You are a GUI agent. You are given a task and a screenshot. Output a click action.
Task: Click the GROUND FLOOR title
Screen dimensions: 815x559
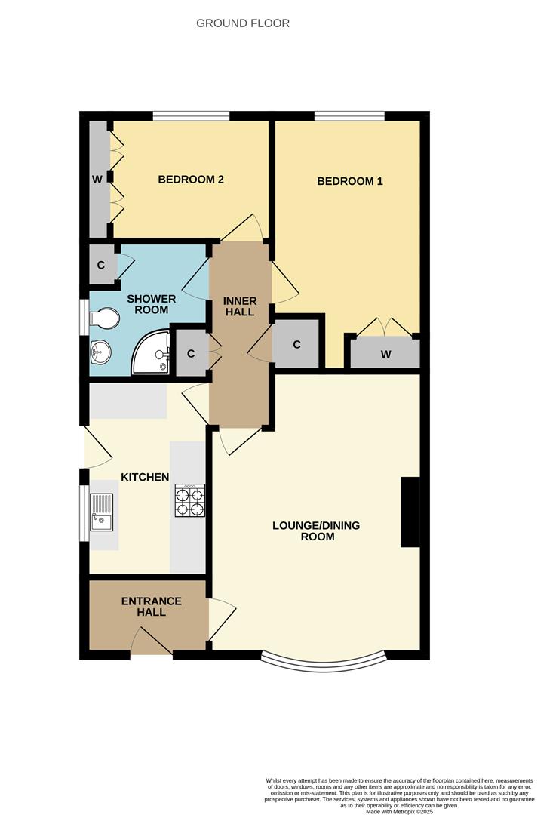[242, 23]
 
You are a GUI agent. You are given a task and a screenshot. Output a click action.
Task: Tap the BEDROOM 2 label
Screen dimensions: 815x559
[191, 180]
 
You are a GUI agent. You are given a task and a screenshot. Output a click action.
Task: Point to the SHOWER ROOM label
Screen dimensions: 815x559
[151, 304]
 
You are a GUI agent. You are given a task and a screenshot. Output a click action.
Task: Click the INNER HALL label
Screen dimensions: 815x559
[240, 307]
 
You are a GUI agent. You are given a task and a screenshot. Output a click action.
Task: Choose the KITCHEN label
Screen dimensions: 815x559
[145, 477]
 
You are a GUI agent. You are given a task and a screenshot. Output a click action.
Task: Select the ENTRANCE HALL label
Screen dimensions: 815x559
[151, 607]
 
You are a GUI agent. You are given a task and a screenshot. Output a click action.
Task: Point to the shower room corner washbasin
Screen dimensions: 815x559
[100, 351]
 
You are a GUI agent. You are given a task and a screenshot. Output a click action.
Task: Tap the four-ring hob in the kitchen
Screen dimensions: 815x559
[189, 500]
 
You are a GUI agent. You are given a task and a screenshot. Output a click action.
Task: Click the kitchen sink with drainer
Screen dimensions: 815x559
[102, 511]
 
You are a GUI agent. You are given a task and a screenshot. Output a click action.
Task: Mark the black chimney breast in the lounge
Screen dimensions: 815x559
[410, 512]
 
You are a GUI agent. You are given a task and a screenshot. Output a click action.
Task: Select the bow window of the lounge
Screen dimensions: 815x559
[324, 663]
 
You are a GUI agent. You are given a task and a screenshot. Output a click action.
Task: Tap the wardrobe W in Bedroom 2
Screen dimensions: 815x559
[97, 180]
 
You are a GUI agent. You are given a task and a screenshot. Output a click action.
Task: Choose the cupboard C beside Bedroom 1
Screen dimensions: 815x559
[297, 344]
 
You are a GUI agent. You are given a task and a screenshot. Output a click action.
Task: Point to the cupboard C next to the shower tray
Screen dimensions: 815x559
[191, 353]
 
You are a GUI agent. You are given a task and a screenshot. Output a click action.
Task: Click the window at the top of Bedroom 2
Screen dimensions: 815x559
[191, 116]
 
